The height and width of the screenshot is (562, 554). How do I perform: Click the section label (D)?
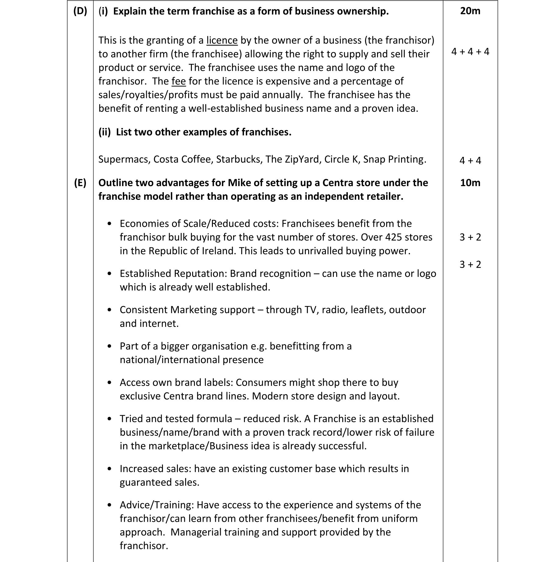click(80, 11)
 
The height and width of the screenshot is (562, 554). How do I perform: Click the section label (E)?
click(80, 183)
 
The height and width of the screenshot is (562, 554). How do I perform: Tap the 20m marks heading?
click(470, 11)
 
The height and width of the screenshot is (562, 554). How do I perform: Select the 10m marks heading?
click(470, 182)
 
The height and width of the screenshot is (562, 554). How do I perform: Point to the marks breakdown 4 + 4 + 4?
click(470, 52)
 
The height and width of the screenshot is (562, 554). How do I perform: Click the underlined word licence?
click(222, 40)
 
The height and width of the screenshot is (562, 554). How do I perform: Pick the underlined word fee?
click(178, 81)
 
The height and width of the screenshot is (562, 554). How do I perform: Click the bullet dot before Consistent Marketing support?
click(110, 310)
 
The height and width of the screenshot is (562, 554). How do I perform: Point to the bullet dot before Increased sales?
click(110, 469)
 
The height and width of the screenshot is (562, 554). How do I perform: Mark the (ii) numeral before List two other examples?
click(104, 132)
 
